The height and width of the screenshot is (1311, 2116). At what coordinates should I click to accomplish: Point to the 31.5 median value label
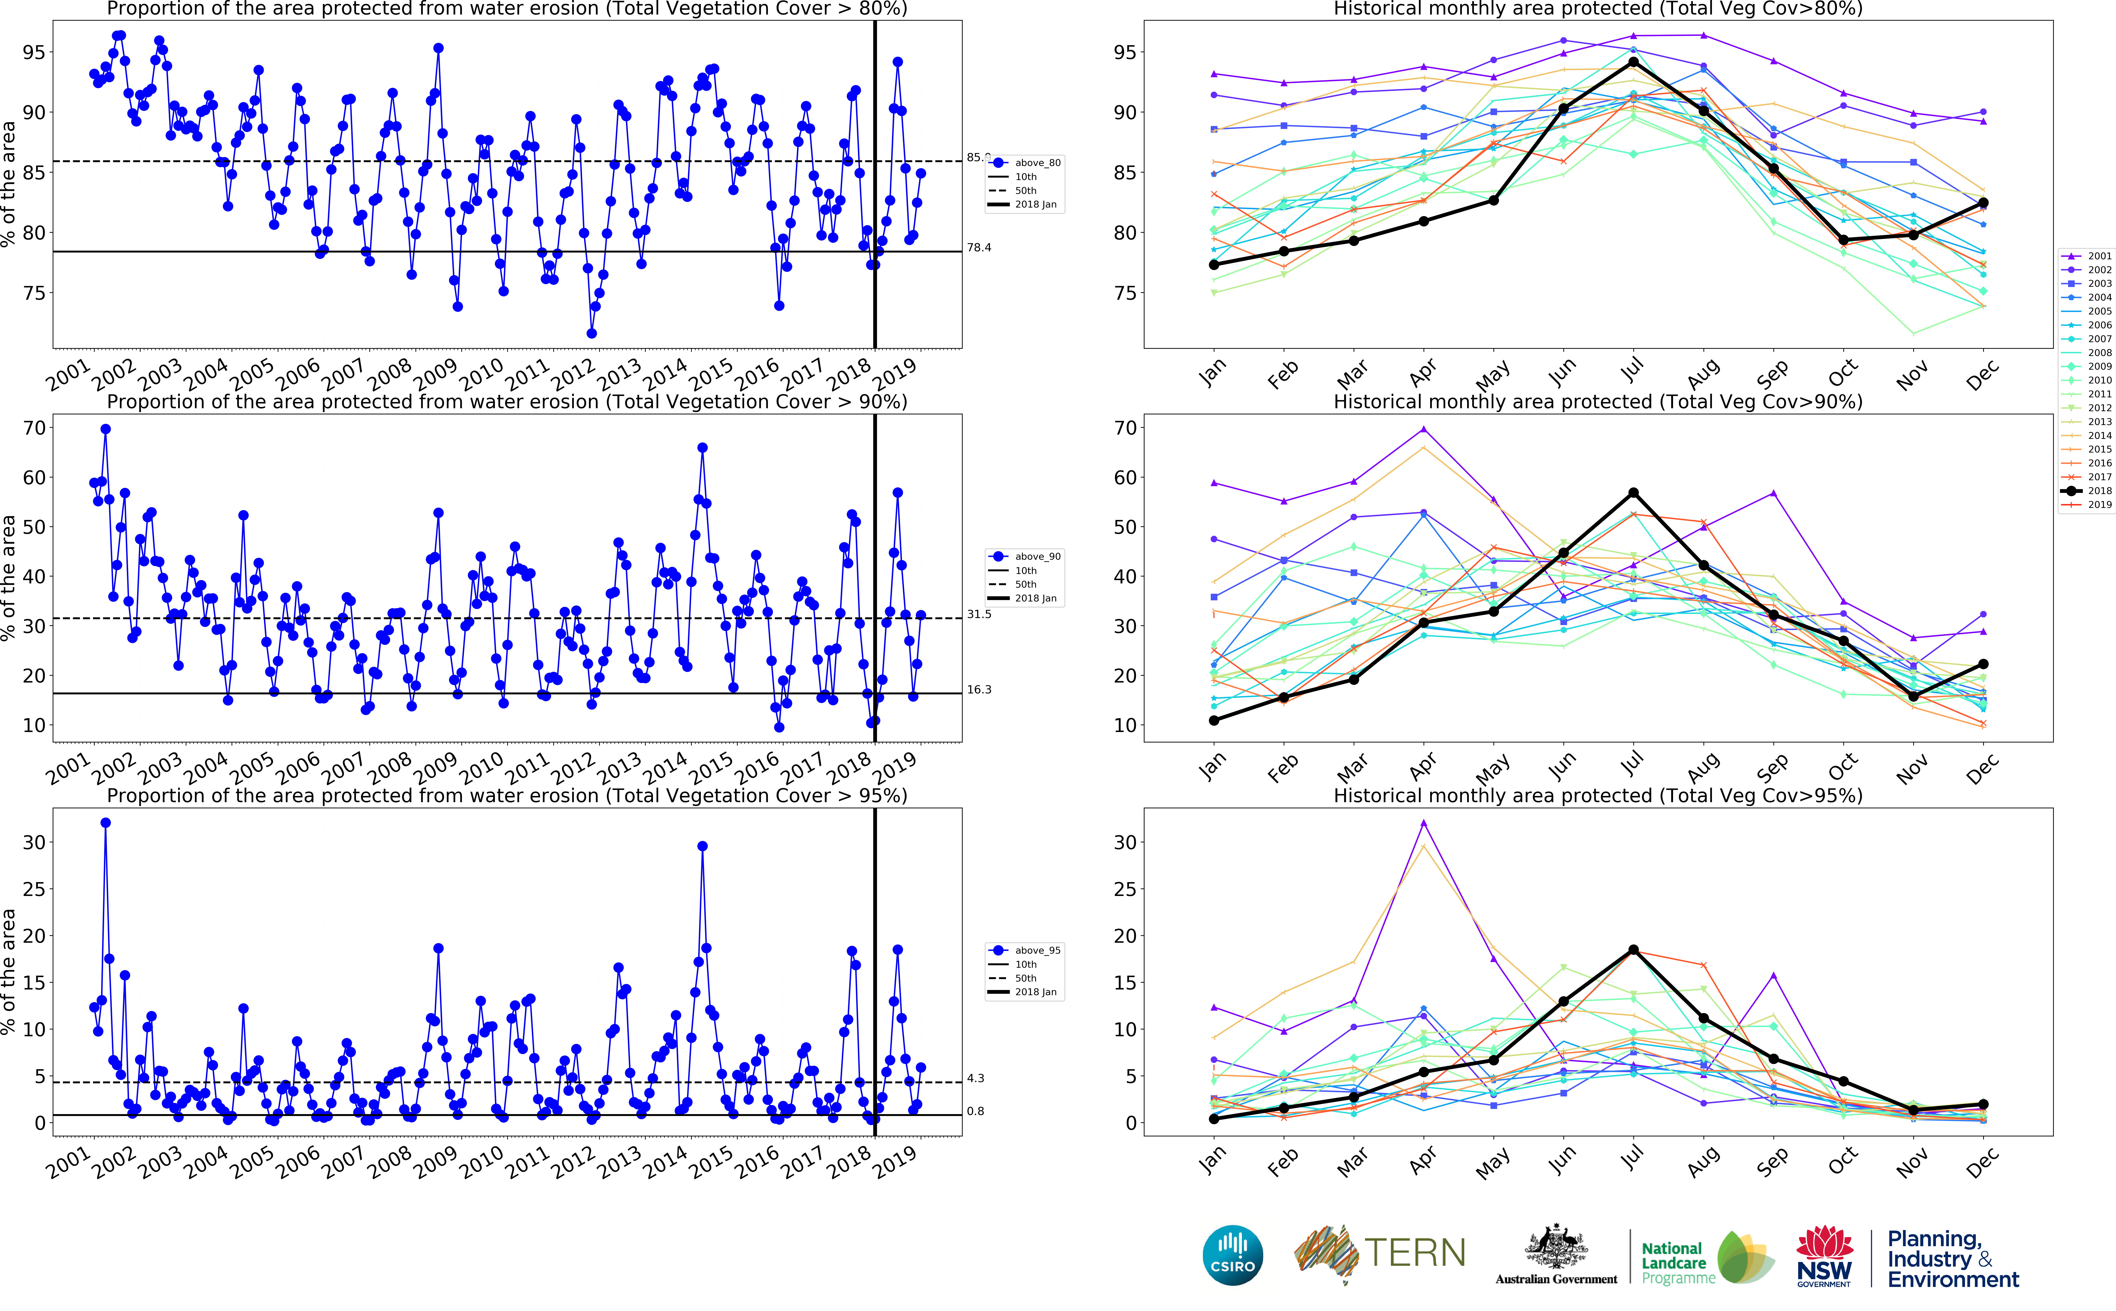[979, 614]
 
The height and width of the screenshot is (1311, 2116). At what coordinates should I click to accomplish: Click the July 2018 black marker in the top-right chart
[1633, 62]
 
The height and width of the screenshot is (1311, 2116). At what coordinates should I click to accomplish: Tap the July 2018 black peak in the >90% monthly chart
[1633, 492]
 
